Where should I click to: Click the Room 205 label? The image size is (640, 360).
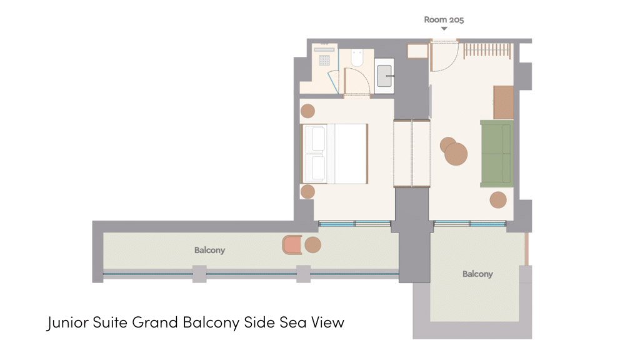[444, 19]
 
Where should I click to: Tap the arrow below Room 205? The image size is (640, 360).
[444, 29]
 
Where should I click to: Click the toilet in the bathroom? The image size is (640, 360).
[357, 57]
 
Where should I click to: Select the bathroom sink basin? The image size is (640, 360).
[384, 76]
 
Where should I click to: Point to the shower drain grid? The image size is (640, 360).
[324, 60]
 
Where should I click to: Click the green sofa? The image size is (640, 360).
[496, 154]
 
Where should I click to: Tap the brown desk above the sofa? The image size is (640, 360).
[503, 102]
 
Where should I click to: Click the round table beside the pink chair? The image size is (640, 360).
[312, 245]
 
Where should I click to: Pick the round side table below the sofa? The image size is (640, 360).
[498, 200]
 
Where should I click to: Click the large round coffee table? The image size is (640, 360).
[456, 154]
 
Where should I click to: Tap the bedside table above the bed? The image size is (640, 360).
[307, 111]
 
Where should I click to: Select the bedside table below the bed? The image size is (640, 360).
[307, 191]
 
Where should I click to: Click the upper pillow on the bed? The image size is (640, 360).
[318, 139]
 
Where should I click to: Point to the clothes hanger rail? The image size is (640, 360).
[487, 50]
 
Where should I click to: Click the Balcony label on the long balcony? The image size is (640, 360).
[209, 250]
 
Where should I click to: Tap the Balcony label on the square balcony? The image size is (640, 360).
[477, 274]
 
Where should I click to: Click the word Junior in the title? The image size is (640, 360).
[67, 322]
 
